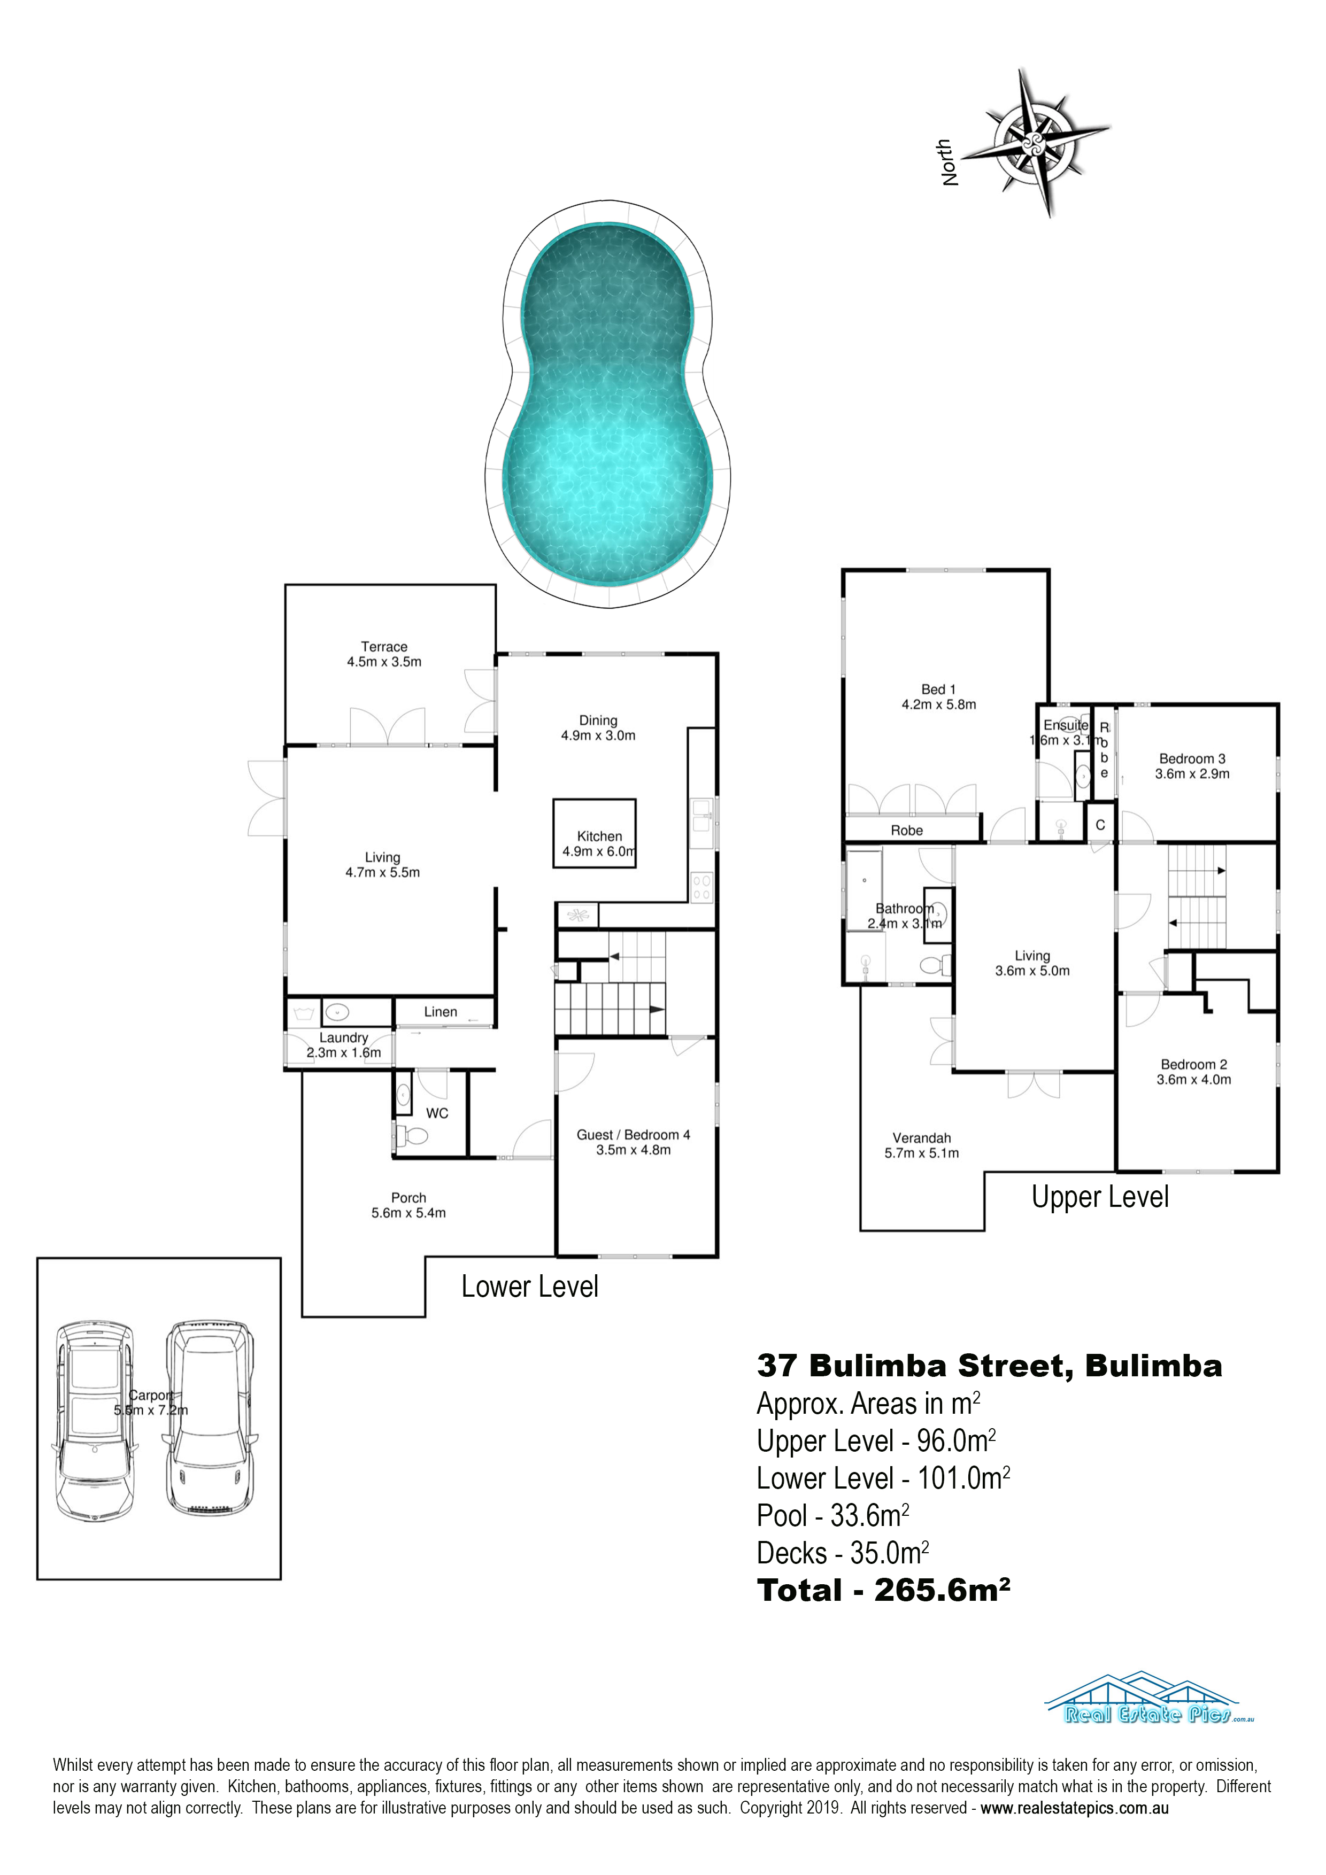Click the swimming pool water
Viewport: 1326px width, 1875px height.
coord(608,404)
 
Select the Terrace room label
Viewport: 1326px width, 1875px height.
coord(384,654)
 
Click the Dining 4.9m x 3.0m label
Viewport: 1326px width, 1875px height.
coord(598,727)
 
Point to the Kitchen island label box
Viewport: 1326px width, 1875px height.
coord(595,833)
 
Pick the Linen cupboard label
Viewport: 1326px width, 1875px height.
coord(441,1012)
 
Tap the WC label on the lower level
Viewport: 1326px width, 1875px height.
coord(437,1113)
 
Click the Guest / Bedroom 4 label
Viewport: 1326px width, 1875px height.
coord(633,1142)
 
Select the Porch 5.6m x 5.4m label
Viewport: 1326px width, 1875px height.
coord(408,1205)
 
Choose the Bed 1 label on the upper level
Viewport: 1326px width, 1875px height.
coord(939,696)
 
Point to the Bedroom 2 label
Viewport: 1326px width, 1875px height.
coord(1193,1072)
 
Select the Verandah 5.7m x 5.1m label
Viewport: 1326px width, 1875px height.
coord(922,1145)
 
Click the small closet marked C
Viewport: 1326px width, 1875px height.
coord(1100,824)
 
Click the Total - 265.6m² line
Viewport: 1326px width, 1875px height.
coord(883,1591)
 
